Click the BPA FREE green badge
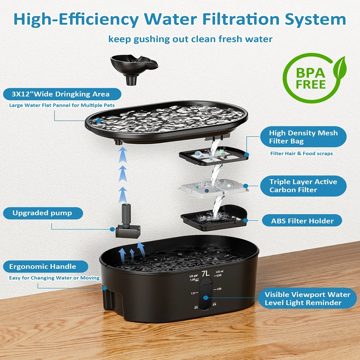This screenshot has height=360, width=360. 314,78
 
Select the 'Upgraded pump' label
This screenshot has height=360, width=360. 43,213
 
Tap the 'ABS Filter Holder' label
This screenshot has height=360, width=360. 302,221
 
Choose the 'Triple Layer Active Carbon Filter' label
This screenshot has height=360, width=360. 303,186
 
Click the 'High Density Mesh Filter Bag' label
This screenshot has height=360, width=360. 303,137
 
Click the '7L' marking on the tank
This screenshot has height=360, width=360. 206,274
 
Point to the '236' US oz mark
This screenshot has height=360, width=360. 219,275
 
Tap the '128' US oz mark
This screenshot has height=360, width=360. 219,289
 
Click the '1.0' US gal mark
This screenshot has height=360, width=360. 193,293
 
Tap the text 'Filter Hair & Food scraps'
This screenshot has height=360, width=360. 301,153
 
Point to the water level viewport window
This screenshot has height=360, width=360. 206,294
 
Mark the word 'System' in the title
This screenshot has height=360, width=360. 315,19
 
